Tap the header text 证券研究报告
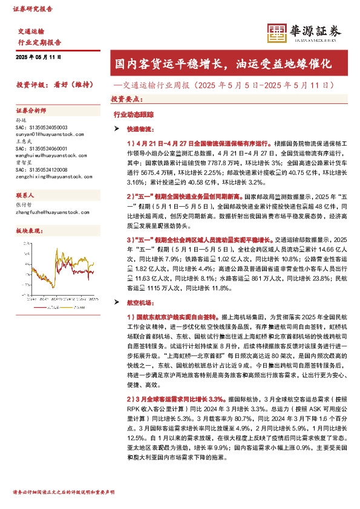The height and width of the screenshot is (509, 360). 33,10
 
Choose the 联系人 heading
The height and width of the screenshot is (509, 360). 25,196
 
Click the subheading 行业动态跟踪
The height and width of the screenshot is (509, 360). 129,114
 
